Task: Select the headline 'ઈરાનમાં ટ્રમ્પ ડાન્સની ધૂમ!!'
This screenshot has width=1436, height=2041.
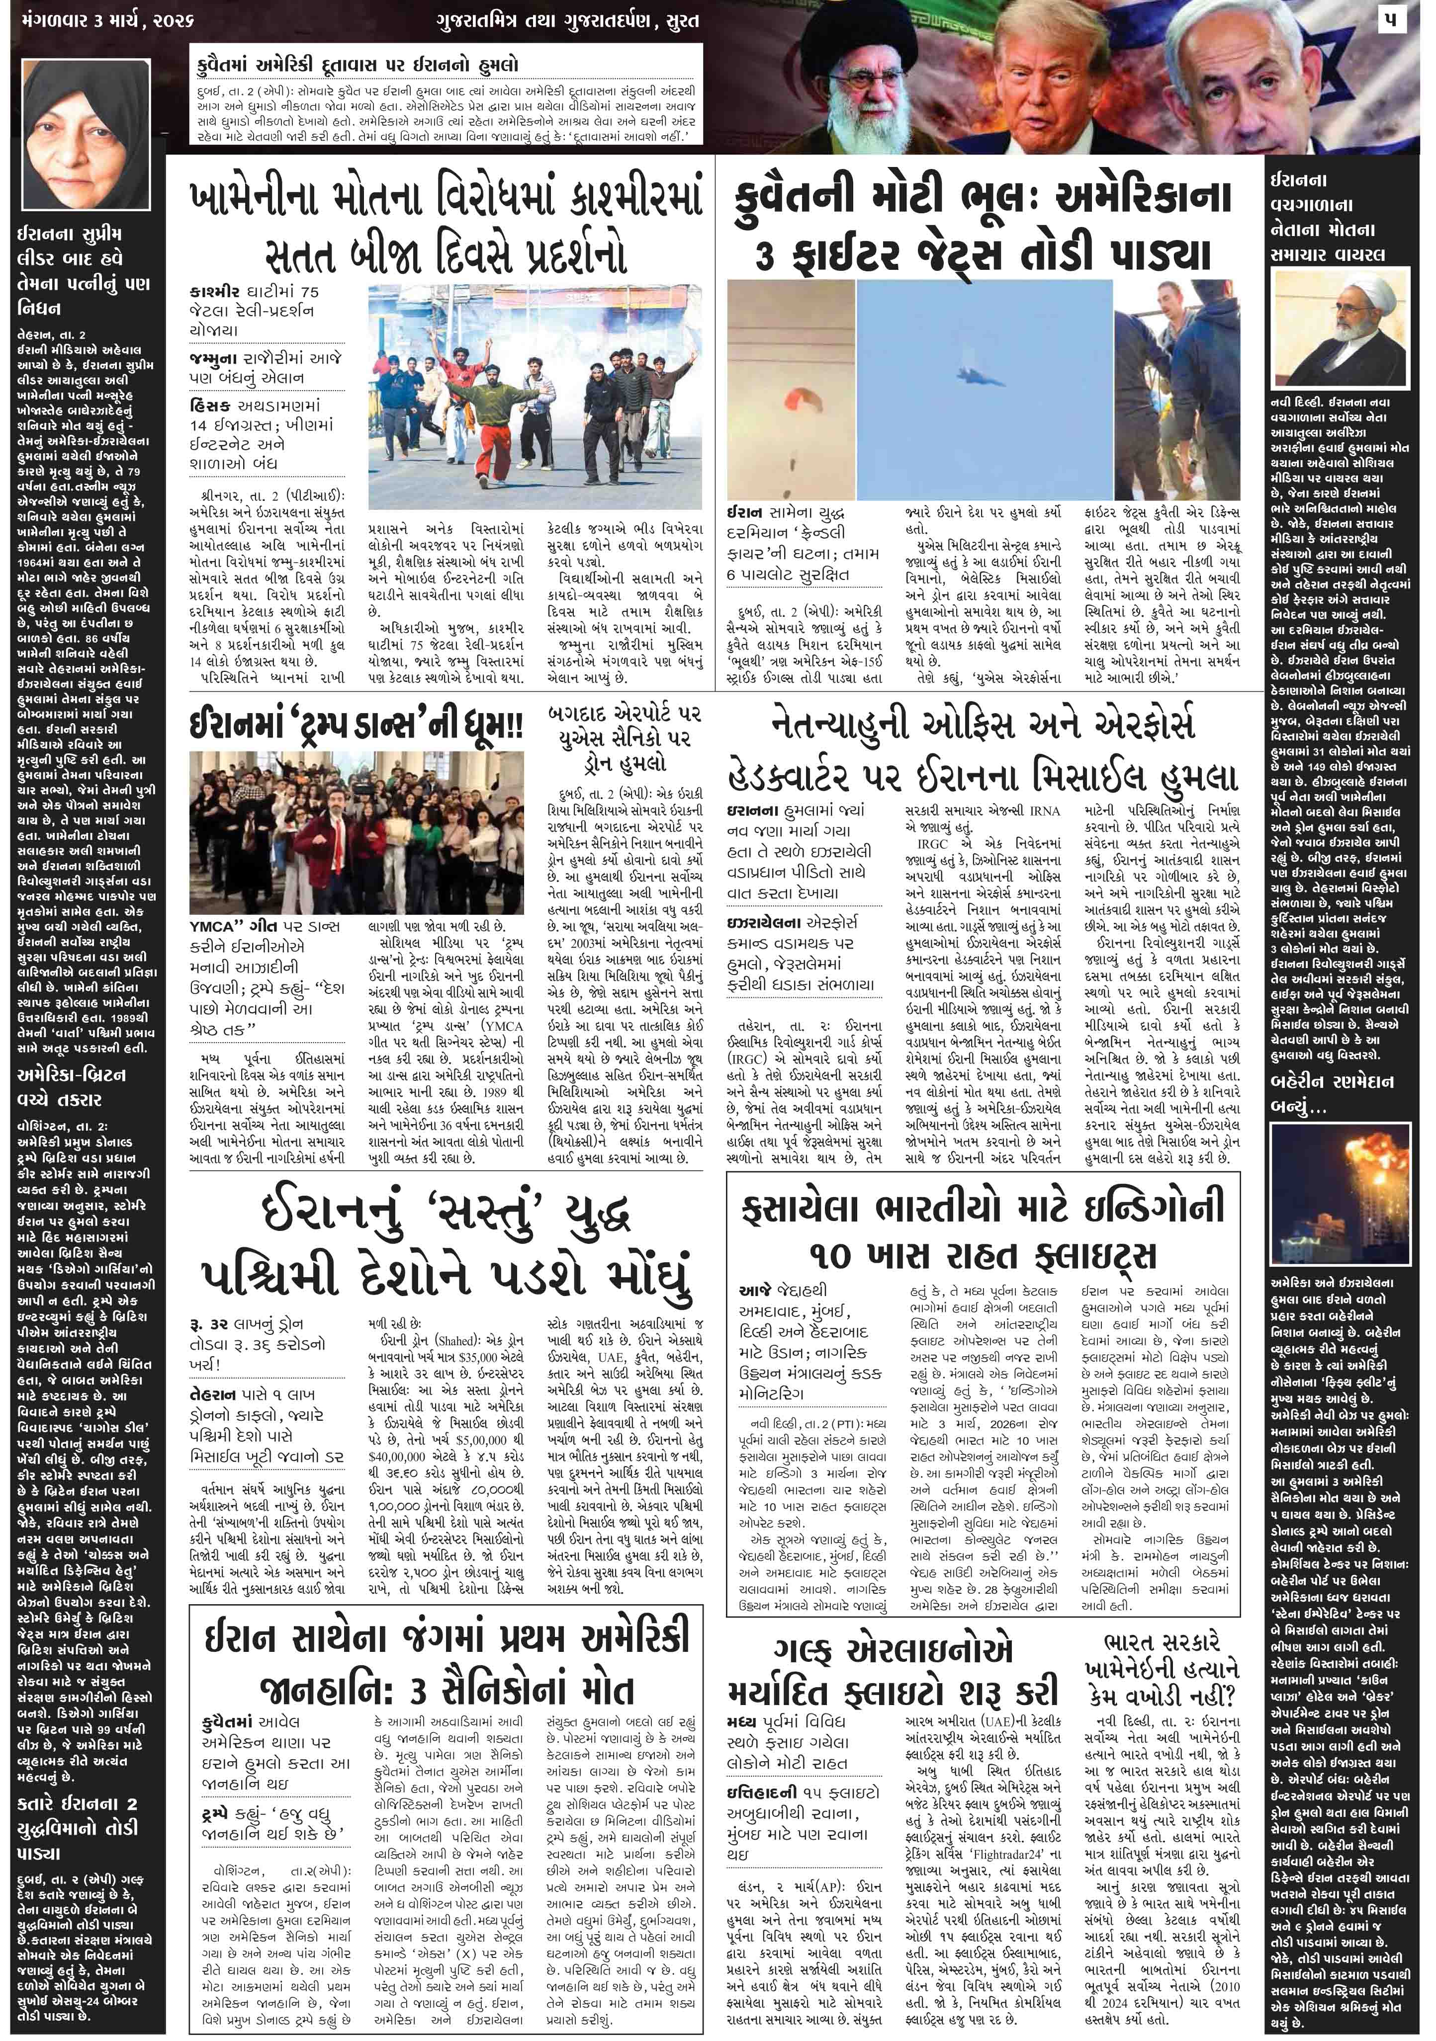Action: (356, 727)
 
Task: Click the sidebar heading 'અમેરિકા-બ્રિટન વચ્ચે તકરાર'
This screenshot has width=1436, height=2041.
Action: (73, 1086)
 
